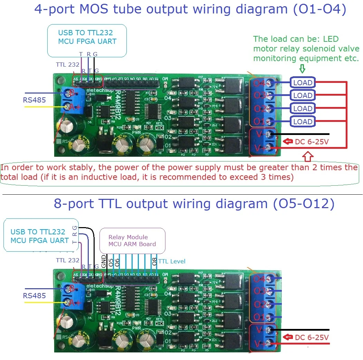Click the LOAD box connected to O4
[303, 82]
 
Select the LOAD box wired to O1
[303, 121]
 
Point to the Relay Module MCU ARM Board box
[132, 241]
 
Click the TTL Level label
[172, 261]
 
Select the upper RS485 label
[34, 100]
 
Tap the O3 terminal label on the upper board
[259, 96]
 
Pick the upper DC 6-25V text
[311, 142]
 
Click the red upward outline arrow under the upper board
[308, 157]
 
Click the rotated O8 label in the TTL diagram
[155, 261]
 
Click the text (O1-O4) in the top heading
[319, 9]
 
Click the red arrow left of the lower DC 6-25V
[288, 337]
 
